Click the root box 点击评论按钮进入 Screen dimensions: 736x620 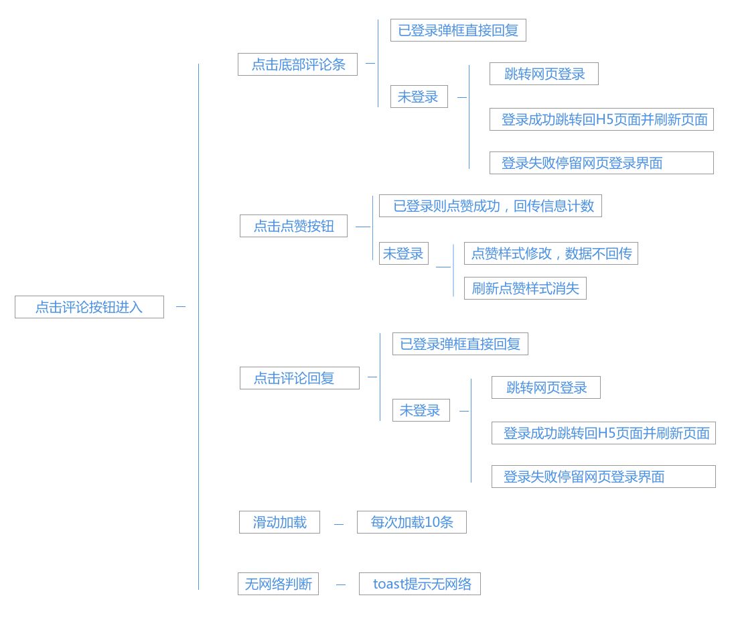(89, 307)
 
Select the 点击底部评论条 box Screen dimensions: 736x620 (297, 64)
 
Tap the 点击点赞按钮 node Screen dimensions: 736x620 (293, 226)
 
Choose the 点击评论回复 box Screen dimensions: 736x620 (299, 378)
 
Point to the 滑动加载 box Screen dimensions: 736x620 (279, 522)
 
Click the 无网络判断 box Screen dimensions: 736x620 (279, 584)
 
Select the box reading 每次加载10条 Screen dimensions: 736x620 (412, 522)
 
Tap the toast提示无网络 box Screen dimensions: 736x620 (420, 584)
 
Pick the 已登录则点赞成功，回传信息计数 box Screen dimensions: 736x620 (490, 206)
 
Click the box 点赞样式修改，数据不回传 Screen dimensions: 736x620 (551, 253)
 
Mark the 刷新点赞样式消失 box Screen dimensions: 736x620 (525, 288)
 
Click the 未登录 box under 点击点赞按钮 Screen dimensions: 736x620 (404, 253)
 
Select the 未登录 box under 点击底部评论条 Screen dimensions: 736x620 (419, 97)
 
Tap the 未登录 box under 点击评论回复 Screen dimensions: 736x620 (421, 410)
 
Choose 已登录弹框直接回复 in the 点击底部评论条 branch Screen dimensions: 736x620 (458, 30)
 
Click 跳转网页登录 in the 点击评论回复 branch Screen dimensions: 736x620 (546, 387)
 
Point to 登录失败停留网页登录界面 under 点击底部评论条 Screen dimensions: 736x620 (601, 163)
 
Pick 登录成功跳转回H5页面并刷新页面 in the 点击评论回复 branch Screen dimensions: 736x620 (603, 433)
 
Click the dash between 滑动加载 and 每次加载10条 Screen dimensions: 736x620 (338, 523)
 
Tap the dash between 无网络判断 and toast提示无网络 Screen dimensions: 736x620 (341, 584)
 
